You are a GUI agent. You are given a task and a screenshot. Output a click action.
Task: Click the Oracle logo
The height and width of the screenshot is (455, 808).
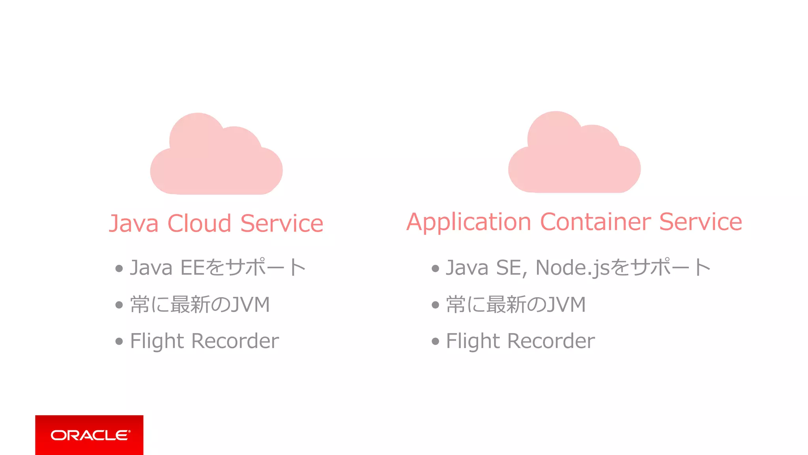[x=89, y=435]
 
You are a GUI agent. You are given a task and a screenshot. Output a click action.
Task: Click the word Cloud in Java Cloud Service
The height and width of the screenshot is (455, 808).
[x=199, y=223]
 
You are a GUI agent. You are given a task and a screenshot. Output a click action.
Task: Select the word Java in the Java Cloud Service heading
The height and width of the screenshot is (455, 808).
[x=134, y=223]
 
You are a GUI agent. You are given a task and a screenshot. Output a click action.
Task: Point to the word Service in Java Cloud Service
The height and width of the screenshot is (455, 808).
[x=282, y=223]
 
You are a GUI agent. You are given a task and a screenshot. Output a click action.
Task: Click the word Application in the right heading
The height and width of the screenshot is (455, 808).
[x=469, y=222]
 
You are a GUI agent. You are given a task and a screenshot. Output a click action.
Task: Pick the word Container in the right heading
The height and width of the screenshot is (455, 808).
[x=595, y=222]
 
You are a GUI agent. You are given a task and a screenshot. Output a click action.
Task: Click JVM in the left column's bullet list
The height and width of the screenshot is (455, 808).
[x=250, y=305]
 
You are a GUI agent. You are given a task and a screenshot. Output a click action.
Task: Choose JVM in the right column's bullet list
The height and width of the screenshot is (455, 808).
[x=566, y=305]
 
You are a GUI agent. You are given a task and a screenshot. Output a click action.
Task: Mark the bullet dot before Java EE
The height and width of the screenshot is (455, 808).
[x=119, y=269]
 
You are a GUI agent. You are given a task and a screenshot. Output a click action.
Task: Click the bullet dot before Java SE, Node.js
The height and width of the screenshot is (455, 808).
[x=435, y=269]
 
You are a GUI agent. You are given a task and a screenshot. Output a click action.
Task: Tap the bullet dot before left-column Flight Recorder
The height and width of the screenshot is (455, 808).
[x=119, y=341]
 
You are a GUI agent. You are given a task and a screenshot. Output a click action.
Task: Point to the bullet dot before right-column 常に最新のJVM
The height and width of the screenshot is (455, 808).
[x=435, y=305]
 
